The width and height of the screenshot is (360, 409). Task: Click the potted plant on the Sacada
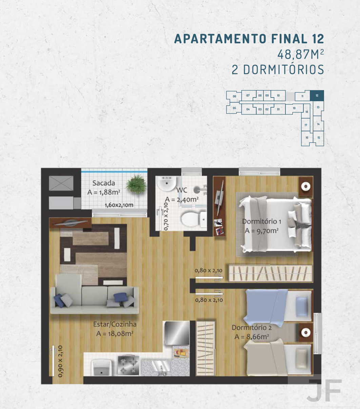[x=137, y=184]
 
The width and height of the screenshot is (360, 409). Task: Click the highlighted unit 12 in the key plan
[x=317, y=95]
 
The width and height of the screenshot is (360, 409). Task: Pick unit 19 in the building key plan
[x=294, y=108]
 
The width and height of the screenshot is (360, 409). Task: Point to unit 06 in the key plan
[x=234, y=96]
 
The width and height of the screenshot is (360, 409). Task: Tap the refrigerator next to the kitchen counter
[x=177, y=333]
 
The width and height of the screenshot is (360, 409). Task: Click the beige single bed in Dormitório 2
[x=278, y=357]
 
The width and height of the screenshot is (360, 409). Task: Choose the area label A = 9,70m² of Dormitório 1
[x=262, y=231]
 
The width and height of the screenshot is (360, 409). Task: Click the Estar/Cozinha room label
[x=115, y=324]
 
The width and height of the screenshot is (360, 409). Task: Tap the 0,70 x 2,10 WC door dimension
[x=166, y=216]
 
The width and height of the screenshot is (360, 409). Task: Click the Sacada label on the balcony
[x=103, y=183]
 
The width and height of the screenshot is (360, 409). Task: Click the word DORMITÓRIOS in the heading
[x=283, y=69]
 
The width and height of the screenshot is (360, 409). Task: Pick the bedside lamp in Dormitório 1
[x=306, y=186]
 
